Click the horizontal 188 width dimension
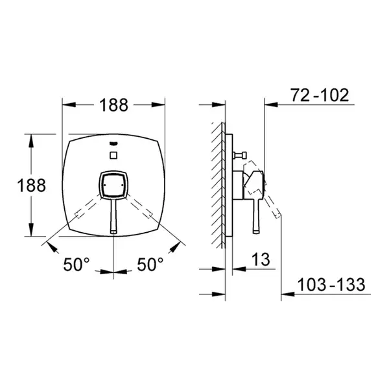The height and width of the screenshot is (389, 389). (113, 105)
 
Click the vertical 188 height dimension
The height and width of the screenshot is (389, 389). (32, 185)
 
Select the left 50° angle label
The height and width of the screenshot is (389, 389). (76, 265)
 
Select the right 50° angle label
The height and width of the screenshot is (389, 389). (150, 265)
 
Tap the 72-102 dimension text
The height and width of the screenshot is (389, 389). (320, 95)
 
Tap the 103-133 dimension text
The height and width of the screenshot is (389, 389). (331, 285)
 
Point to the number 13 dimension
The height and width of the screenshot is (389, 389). (261, 259)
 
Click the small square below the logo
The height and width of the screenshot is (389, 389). (113, 156)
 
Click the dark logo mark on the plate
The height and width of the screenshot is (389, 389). (113, 143)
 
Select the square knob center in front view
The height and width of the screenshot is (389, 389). (113, 185)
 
